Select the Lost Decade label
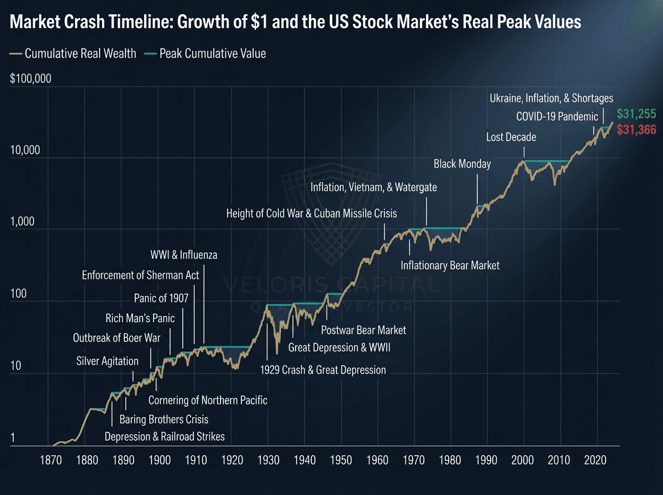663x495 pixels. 511,136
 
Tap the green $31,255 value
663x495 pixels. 636,114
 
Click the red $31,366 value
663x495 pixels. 636,130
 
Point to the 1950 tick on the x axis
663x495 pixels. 341,459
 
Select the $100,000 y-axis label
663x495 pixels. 30,78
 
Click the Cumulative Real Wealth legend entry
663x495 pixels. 73,54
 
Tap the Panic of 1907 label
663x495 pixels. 161,298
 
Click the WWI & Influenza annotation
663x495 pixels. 183,255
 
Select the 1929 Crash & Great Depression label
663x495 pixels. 323,370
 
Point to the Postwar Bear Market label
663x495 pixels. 364,330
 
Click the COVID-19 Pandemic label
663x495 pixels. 557,117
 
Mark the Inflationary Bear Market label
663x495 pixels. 450,265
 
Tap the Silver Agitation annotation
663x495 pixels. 107,361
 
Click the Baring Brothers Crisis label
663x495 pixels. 164,419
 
